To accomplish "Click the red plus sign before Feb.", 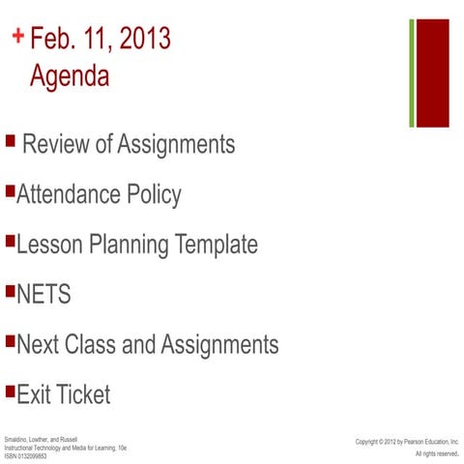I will [18, 37].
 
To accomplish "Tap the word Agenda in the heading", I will [70, 75].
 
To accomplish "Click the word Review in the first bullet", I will [56, 145].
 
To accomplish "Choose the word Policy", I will [154, 195].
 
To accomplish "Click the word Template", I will [216, 245].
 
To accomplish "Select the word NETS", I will [43, 294].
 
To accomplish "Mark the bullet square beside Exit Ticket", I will [10, 391].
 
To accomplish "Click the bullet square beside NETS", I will [10, 290].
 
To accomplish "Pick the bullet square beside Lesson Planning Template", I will [10, 240].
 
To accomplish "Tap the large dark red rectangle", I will [432, 73].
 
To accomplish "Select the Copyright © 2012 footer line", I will [407, 441].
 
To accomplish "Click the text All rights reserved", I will [437, 453].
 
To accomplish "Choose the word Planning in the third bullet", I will [130, 246].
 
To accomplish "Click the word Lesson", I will [47, 245].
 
